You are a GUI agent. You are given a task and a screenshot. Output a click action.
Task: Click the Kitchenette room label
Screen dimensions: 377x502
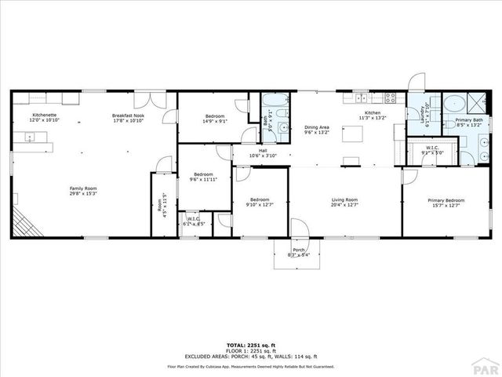coord(44,115)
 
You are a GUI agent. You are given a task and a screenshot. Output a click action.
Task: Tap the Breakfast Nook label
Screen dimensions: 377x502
coord(129,115)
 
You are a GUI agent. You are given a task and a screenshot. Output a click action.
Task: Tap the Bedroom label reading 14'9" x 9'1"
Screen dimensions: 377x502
coord(214,121)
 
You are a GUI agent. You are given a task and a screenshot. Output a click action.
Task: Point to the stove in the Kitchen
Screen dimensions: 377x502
coord(390,98)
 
